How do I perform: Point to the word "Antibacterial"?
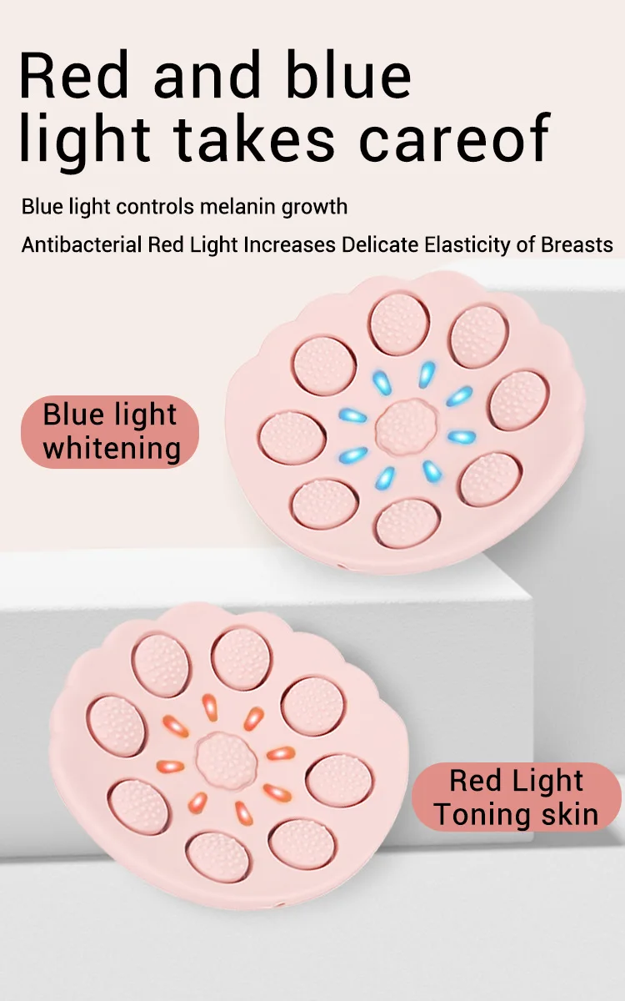pos(82,245)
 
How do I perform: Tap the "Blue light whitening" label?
pos(110,431)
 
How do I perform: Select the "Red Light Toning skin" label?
pos(516,797)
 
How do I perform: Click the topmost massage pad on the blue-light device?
pos(399,324)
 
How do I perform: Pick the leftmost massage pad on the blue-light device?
pos(292,436)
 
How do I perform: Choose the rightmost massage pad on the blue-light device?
pos(519,400)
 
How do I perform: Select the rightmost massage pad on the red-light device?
pos(339,780)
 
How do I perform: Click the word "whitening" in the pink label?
pos(112,448)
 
